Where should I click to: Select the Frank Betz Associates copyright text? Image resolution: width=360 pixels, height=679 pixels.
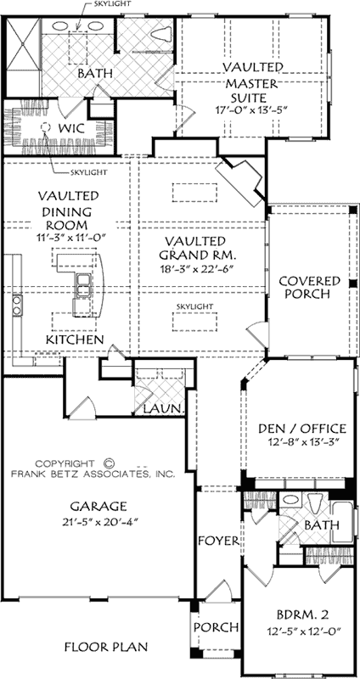click(99, 471)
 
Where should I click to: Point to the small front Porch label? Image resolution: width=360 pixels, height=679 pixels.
click(215, 627)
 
